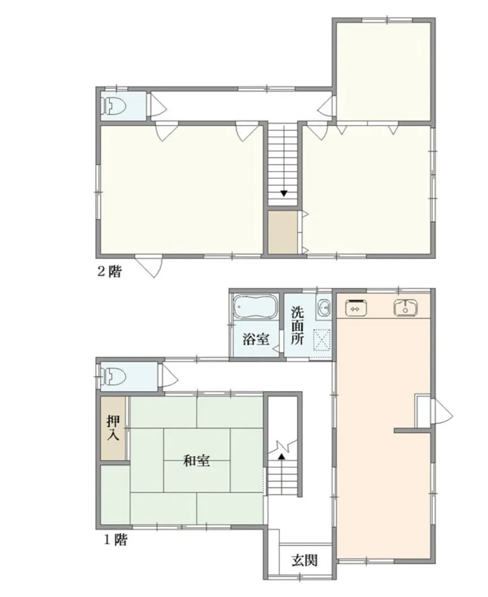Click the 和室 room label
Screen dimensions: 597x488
point(196,461)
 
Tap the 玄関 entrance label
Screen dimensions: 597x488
point(304,560)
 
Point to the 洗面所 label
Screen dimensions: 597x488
point(298,326)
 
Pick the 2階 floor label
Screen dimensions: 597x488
point(108,271)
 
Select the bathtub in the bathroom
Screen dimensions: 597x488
point(255,308)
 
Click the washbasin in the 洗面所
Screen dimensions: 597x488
point(323,308)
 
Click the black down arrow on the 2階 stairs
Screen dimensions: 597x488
point(283,194)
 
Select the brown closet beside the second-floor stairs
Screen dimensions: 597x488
point(283,233)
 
